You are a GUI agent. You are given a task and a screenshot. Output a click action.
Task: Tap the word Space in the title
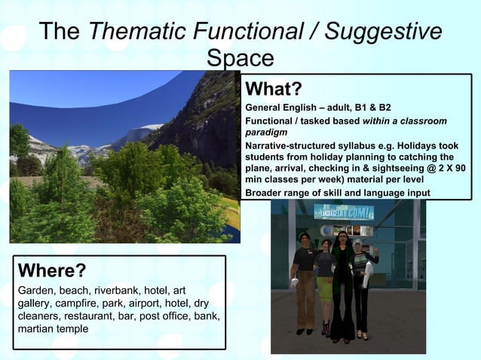click(x=240, y=59)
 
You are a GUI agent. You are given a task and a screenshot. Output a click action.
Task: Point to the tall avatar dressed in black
click(x=343, y=282)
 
